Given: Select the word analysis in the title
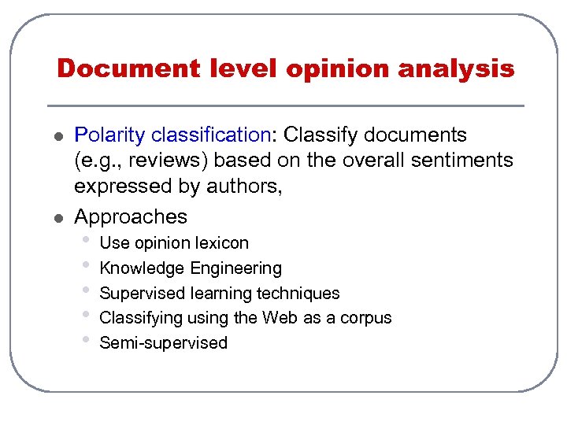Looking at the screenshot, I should point(456,69).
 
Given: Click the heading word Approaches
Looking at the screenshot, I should point(131,216).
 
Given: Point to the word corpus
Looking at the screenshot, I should point(366,318).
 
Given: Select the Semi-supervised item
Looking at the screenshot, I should point(164,343).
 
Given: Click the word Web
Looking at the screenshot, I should point(280,318).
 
